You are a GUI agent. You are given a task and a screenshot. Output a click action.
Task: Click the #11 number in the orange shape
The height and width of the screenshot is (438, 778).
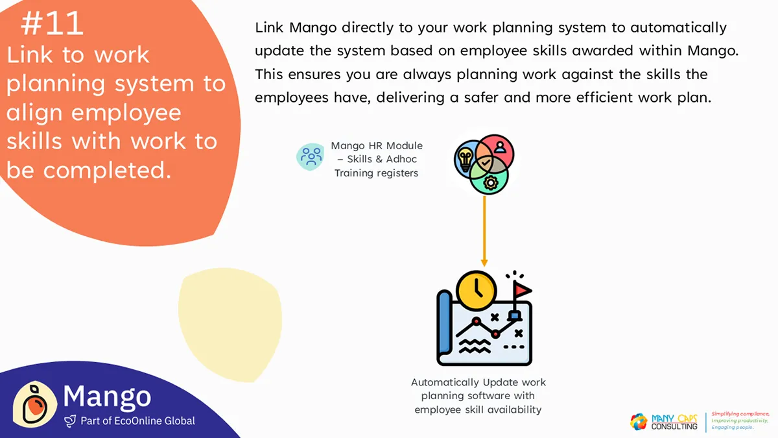52,23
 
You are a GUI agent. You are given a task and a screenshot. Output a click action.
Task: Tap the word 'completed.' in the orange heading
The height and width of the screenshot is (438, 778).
108,170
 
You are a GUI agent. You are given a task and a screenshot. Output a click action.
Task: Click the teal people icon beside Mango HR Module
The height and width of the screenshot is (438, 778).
310,157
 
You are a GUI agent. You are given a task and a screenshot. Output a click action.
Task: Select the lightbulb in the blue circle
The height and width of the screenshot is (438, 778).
465,159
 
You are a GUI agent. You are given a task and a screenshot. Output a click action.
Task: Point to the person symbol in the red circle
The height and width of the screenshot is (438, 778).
500,147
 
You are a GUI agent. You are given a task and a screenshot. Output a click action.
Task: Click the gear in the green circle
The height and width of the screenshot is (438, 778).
490,182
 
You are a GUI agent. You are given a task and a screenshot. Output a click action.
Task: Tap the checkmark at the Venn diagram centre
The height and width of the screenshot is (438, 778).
486,162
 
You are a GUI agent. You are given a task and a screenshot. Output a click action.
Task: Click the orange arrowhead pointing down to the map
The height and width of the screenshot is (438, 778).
484,262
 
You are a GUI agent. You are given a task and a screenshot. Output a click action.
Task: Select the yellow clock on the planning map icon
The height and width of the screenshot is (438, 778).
476,291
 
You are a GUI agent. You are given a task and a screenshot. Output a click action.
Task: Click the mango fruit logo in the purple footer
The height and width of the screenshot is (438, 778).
35,405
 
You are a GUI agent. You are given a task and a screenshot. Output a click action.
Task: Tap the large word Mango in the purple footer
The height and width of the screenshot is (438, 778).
107,396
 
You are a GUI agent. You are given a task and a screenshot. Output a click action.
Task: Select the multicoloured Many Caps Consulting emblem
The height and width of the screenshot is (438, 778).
639,421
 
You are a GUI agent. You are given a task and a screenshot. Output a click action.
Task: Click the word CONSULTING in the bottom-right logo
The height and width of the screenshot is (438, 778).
674,426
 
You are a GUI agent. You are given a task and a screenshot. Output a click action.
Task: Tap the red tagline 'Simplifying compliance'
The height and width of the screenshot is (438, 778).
740,414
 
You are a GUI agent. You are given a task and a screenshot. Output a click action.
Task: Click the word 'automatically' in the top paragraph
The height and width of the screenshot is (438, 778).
678,27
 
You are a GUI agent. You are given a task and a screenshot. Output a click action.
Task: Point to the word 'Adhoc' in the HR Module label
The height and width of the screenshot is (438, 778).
401,159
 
